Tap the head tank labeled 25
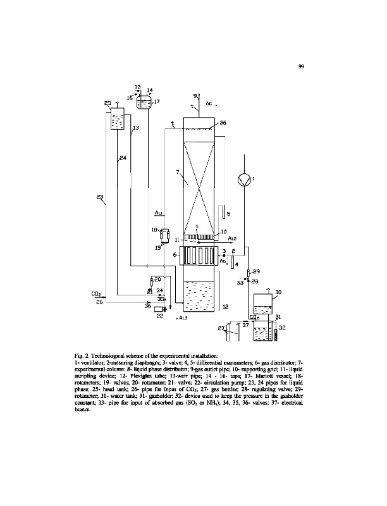[x=116, y=118]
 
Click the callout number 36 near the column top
[x=223, y=123]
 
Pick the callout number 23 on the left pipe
[x=101, y=198]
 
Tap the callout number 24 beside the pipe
[x=123, y=158]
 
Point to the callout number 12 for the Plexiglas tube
[x=226, y=306]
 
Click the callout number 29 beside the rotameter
[x=256, y=272]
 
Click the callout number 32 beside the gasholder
[x=283, y=326]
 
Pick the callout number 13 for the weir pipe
[x=135, y=128]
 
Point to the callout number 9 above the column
[x=195, y=95]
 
